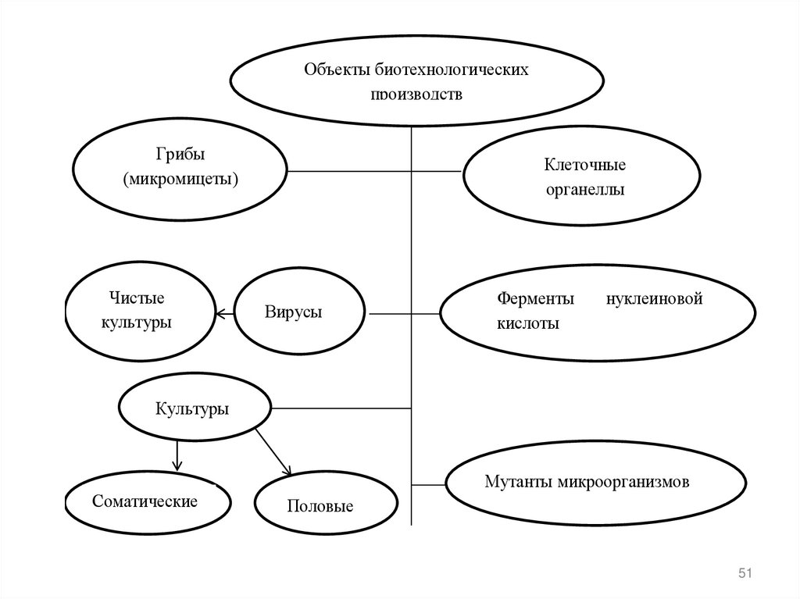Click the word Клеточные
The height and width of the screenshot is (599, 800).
pos(585,165)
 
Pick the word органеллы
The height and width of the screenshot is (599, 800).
pos(585,190)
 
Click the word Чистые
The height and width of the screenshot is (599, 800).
pos(137,298)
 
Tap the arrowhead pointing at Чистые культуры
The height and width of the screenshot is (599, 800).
pos(220,314)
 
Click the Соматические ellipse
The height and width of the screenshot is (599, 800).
pos(146,501)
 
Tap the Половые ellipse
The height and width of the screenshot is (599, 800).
pos(325,506)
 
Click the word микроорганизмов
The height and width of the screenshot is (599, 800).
pos(623,481)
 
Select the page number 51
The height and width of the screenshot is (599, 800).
pos(744,574)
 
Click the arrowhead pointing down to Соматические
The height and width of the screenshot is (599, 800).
pos(177,466)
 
